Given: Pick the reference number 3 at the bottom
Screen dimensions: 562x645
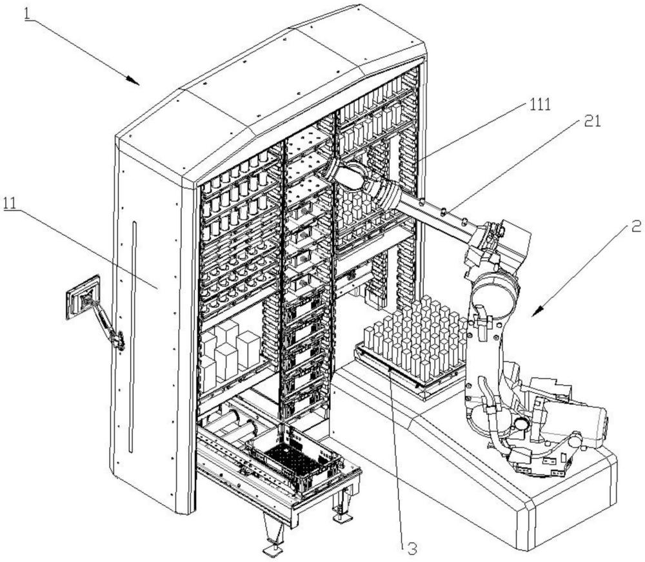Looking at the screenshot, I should (411, 548).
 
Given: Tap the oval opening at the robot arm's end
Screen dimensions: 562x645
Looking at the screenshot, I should (352, 177).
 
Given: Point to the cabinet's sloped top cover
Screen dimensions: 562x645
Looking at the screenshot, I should (271, 97).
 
